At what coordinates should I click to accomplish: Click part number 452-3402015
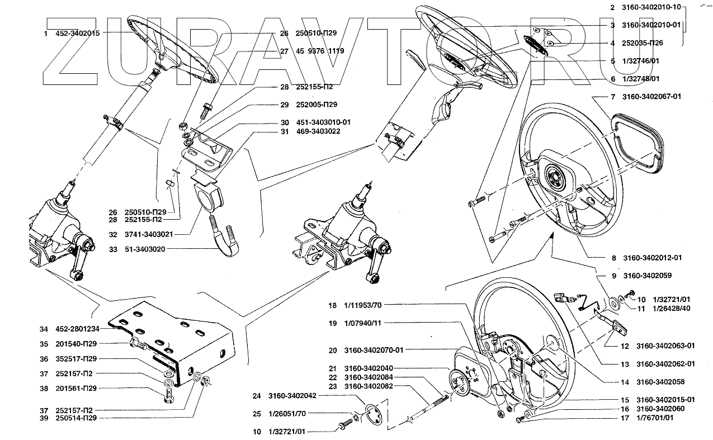tap(77, 34)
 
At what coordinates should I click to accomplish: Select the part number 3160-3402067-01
tap(651, 96)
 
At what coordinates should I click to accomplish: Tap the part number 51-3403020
tap(145, 249)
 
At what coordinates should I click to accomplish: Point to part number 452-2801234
tap(77, 329)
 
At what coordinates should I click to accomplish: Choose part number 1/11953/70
tap(362, 305)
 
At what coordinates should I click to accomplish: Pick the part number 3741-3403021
tap(149, 234)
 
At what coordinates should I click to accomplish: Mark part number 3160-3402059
tap(648, 276)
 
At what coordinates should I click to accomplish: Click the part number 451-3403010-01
tap(323, 122)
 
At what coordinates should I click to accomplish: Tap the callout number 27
tap(284, 51)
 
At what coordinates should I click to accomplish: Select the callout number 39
tap(44, 418)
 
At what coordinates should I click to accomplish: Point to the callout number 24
tap(257, 396)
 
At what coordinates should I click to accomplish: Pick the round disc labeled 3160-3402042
tap(372, 414)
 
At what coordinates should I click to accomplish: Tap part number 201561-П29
tap(76, 389)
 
